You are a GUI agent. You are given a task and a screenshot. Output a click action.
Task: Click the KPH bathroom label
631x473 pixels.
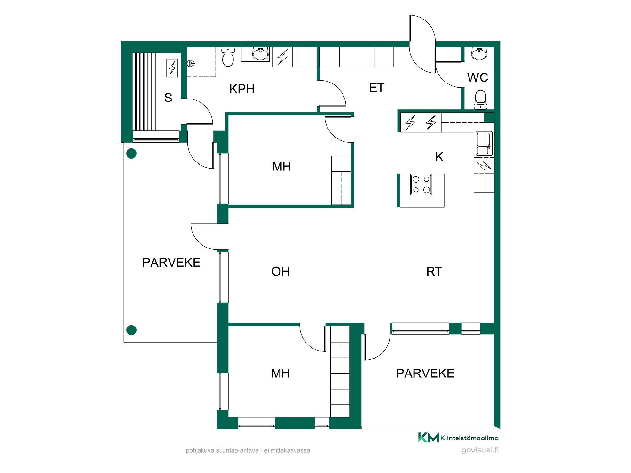(x=242, y=89)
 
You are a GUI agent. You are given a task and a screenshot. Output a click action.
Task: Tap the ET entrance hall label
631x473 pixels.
(x=377, y=88)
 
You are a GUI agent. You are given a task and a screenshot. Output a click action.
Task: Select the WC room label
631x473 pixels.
(x=478, y=78)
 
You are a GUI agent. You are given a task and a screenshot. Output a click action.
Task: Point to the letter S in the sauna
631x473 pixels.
(x=168, y=98)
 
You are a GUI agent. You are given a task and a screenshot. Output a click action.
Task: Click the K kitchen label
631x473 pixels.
(x=439, y=157)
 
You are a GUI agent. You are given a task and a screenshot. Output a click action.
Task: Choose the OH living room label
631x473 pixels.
(x=280, y=272)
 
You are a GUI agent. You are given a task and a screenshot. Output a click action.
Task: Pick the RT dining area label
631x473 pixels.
(x=434, y=272)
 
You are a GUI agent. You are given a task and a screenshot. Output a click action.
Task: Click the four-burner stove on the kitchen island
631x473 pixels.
(x=421, y=185)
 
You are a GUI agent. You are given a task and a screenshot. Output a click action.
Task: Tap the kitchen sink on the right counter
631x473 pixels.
(x=483, y=143)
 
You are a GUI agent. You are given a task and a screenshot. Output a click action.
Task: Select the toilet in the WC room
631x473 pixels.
(x=480, y=100)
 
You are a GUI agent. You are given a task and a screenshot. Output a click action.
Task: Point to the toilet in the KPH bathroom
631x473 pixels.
(x=228, y=57)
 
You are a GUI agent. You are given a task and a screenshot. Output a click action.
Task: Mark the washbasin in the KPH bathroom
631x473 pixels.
(x=261, y=54)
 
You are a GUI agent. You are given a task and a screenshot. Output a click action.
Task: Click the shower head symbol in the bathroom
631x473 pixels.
(x=190, y=63)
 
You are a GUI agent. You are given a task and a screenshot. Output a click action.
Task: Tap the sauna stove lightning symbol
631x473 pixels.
(x=172, y=68)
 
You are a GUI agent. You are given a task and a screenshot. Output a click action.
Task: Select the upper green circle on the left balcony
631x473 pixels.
(x=131, y=153)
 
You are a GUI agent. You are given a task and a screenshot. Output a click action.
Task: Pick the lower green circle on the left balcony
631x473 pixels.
(x=131, y=330)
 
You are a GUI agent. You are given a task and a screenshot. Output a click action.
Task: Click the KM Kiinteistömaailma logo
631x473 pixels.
(x=458, y=438)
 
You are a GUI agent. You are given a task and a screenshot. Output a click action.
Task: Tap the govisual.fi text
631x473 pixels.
(x=480, y=450)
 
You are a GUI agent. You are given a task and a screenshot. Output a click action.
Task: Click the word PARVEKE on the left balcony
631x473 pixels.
(x=171, y=262)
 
